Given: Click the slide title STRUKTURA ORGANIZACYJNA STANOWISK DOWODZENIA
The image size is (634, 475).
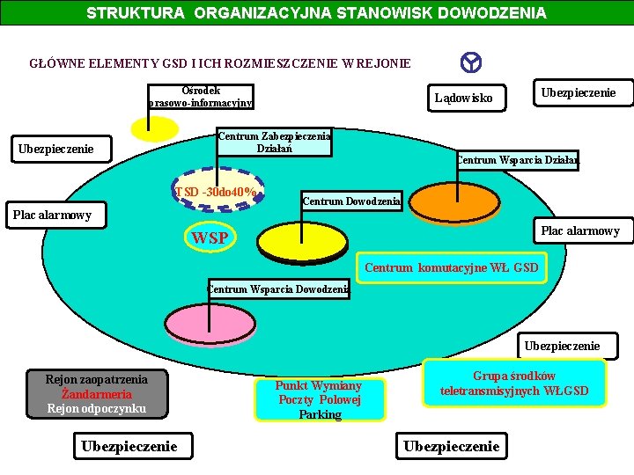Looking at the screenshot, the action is (316, 13).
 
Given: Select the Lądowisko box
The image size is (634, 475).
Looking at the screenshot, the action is (465, 98).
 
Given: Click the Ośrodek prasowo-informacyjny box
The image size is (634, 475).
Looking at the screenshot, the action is (201, 97).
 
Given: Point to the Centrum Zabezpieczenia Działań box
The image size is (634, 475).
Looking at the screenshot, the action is (274, 142).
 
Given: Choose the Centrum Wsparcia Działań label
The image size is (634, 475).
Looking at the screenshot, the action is (517, 160).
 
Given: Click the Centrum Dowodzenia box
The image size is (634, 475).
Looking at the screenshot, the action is (351, 201).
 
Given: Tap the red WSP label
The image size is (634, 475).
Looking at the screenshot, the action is (210, 237).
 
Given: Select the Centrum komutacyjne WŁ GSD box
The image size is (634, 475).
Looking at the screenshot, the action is (451, 267).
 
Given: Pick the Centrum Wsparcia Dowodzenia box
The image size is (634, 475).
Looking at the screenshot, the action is (278, 289).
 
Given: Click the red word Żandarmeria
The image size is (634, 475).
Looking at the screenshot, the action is (97, 394).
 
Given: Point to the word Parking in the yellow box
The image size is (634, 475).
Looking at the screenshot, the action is (320, 414).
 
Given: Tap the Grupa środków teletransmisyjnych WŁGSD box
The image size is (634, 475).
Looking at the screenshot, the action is (514, 384).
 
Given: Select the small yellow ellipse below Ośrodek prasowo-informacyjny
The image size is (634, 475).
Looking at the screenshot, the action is (153, 129).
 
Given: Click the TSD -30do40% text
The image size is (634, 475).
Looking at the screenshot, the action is (217, 193).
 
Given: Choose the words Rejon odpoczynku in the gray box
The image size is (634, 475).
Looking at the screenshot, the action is (96, 408).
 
